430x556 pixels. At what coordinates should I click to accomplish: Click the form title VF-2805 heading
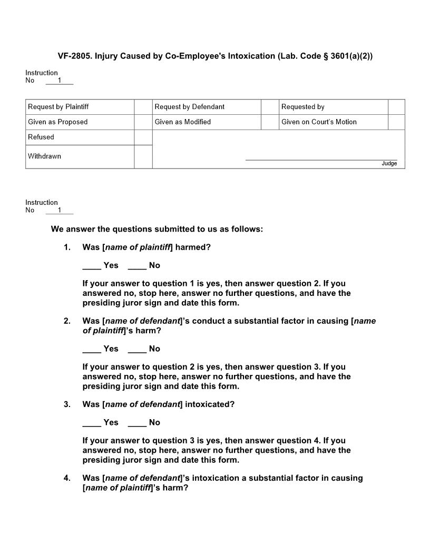click(x=215, y=56)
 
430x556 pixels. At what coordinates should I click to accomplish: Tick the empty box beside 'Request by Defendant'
click(x=270, y=107)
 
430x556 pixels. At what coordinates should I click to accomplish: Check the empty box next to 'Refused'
click(x=143, y=137)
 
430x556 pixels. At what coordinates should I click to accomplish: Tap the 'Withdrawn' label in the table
click(x=45, y=156)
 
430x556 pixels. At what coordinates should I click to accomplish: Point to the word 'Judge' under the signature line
click(x=389, y=164)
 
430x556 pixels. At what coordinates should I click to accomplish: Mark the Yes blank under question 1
click(x=92, y=266)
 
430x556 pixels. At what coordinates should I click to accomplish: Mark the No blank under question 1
click(x=137, y=266)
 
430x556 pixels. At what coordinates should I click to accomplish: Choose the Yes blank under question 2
click(x=92, y=349)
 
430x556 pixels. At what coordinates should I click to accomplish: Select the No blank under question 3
click(x=137, y=423)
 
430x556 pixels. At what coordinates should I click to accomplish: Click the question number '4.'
click(x=67, y=478)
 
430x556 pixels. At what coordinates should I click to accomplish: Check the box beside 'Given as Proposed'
click(x=143, y=122)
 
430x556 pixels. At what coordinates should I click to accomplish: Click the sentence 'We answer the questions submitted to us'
click(x=157, y=229)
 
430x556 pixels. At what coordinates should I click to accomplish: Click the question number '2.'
click(x=67, y=321)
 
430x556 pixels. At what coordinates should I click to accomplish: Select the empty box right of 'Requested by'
click(x=396, y=107)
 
